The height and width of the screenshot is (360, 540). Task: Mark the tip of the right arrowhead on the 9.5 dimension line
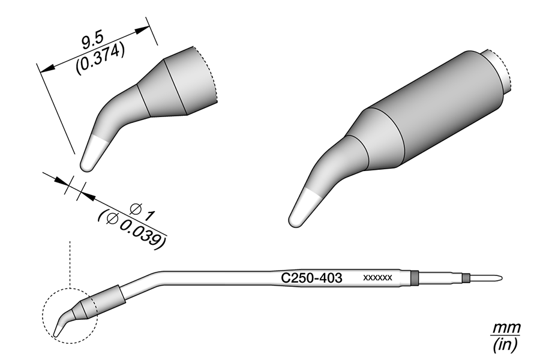[149, 27]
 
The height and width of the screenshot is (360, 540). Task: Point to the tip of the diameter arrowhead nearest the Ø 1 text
[80, 192]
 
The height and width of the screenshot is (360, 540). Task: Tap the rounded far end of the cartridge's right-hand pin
[502, 278]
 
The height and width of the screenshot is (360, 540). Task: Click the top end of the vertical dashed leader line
[70, 241]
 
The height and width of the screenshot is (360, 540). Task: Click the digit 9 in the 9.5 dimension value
[86, 43]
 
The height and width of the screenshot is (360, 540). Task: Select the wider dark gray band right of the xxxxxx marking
[415, 278]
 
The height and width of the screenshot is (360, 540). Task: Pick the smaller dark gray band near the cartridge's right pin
[466, 278]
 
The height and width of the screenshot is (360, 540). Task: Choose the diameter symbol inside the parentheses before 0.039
[113, 218]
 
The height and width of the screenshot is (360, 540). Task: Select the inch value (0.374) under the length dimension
[100, 59]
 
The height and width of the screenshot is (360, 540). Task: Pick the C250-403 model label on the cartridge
[311, 278]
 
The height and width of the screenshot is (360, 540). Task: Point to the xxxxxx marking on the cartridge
[378, 278]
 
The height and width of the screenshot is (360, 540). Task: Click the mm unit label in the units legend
[506, 328]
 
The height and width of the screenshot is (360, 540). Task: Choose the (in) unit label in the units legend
[505, 345]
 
